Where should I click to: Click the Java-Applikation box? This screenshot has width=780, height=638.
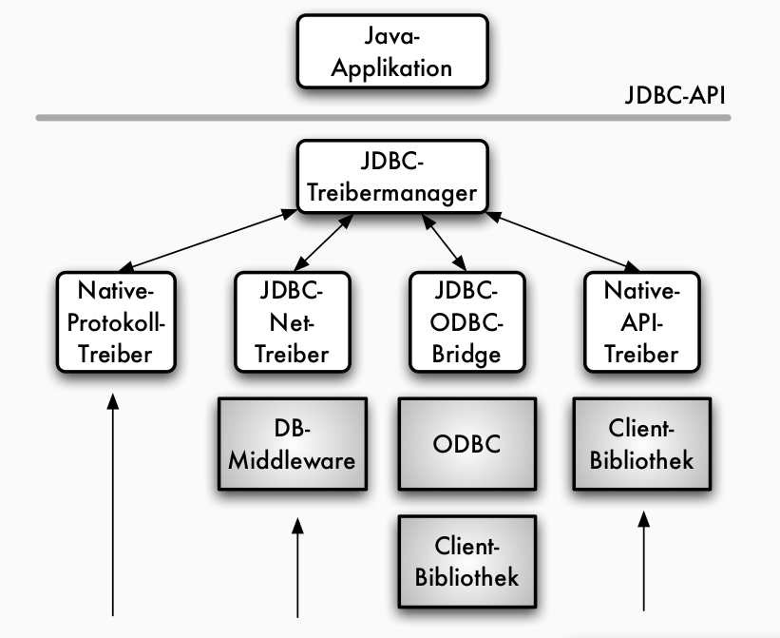[392, 53]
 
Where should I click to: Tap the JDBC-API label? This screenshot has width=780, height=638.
[676, 95]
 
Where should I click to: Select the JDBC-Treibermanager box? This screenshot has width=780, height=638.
[392, 177]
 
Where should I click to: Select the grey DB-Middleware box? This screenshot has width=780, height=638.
[292, 444]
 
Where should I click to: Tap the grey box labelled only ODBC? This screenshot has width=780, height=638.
[466, 444]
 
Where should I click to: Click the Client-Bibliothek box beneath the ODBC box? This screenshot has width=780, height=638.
[466, 561]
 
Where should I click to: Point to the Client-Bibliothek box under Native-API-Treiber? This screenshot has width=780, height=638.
[641, 444]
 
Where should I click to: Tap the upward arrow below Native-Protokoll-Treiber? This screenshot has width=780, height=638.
[114, 504]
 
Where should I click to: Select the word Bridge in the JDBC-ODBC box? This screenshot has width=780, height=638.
[466, 354]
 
